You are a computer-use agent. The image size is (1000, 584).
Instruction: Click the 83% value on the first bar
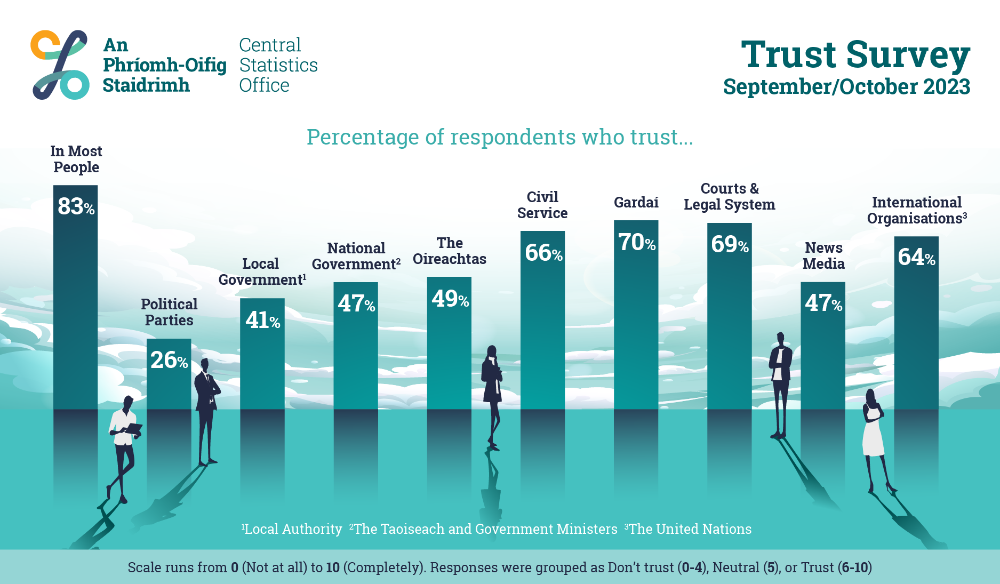pos(76,206)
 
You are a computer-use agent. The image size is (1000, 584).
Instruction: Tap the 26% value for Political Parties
pos(169,360)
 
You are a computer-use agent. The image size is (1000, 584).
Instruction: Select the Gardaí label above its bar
pos(636,202)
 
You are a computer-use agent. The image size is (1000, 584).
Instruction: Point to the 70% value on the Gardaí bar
pos(637,242)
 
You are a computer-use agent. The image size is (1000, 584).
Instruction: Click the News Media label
pos(823,255)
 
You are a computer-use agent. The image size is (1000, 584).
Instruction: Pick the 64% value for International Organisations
pos(916,257)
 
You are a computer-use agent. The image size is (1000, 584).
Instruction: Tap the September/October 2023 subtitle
pos(846,87)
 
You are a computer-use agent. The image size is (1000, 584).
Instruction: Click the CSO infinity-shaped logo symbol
pos(60,65)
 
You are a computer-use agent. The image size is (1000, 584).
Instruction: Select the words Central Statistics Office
pos(278,65)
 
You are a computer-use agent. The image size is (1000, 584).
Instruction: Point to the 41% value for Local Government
pos(262,320)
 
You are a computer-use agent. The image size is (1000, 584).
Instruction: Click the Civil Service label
pos(542,205)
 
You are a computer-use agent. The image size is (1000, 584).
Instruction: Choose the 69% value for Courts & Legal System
pos(730,244)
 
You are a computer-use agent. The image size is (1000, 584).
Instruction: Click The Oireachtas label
pos(450,251)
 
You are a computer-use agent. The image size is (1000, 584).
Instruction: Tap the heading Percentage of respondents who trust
pos(500,137)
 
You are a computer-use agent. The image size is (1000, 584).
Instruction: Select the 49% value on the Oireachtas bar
pos(450,299)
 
